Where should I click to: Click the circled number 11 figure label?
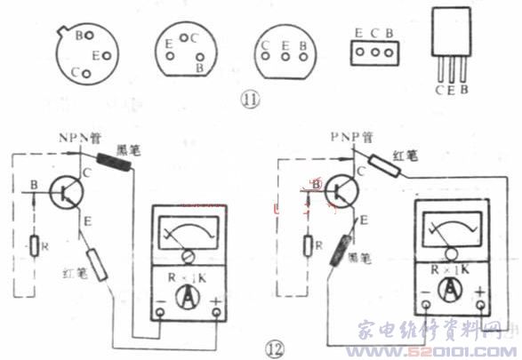point(251,100)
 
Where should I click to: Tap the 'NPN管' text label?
point(81,139)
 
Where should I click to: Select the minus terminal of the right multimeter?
point(426,307)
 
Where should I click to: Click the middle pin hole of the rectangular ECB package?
point(375,52)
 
